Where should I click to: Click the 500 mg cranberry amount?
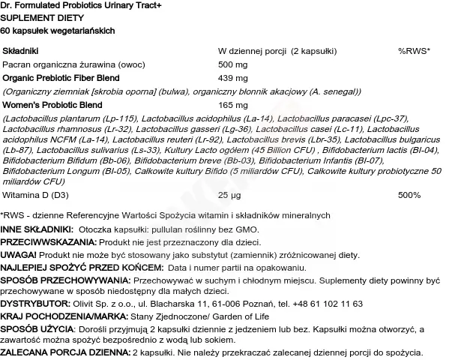232,65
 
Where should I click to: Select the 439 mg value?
232,78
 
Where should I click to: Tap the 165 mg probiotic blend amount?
232,103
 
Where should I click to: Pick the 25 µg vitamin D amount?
231,194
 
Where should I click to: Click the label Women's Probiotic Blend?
53,103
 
